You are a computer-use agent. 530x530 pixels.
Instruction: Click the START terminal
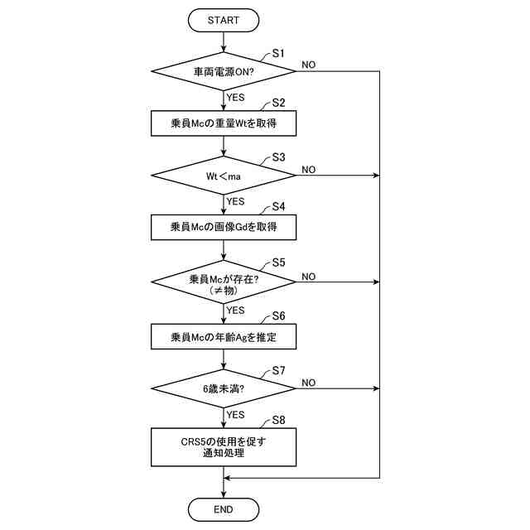pos(224,19)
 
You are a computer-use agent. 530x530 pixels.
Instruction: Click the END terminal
pos(224,508)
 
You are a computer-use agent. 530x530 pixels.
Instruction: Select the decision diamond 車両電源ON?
pos(224,72)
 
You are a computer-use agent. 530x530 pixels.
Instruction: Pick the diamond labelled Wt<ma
pos(224,176)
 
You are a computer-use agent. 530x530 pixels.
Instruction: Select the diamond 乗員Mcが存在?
pos(224,283)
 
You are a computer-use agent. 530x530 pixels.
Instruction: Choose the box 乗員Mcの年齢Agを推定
pos(224,336)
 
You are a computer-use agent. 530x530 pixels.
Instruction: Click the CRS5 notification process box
pos(224,446)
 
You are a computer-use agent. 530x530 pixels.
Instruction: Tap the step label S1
pos(278,53)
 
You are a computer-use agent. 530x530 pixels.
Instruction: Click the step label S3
pos(278,157)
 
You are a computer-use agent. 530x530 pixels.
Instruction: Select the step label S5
pos(278,263)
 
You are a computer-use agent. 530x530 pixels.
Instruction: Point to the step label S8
pos(278,420)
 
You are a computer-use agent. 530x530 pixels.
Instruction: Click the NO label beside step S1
pos(308,65)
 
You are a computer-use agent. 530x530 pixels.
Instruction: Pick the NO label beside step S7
pos(308,382)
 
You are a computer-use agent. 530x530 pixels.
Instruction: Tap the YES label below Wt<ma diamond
pos(235,201)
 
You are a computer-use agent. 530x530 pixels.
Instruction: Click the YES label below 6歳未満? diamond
pos(235,414)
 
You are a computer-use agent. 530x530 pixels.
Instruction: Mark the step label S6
pos(278,316)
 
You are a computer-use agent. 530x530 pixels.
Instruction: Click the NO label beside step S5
pos(308,276)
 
